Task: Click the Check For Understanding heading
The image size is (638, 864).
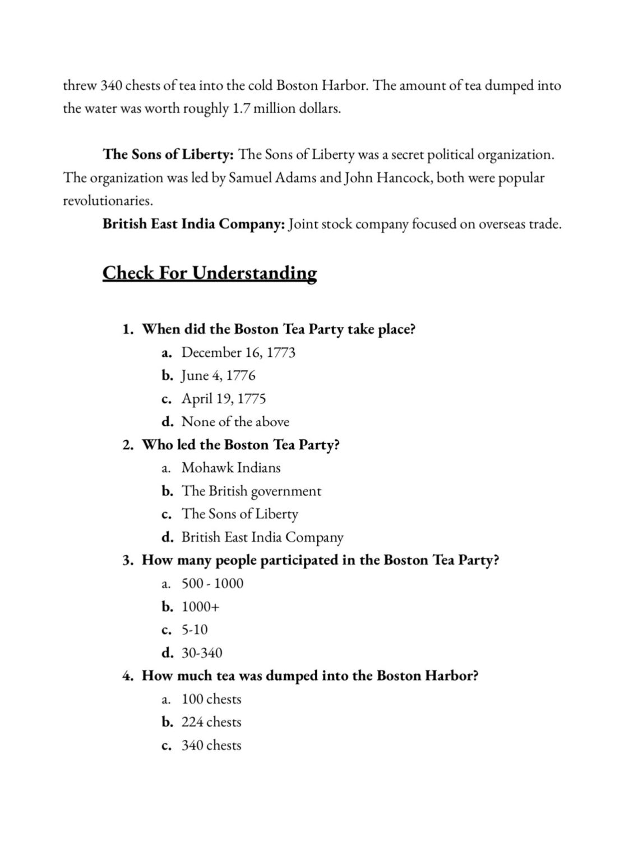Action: [x=209, y=273]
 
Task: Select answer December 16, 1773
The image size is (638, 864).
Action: [x=238, y=353]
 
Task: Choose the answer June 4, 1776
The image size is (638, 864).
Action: [x=218, y=376]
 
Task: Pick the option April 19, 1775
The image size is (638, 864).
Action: [x=223, y=399]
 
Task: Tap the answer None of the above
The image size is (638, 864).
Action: [x=235, y=422]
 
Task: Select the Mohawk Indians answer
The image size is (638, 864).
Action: [x=230, y=468]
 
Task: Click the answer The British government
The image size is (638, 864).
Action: [x=251, y=491]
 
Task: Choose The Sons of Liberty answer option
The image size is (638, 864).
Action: [x=239, y=514]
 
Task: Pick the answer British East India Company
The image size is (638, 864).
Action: [x=262, y=537]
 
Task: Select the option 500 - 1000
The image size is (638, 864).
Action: [x=212, y=583]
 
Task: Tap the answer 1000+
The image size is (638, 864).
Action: [x=200, y=607]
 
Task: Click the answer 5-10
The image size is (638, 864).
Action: [x=194, y=630]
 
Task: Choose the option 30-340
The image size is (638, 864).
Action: [x=201, y=653]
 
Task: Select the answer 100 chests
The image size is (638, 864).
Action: [x=211, y=700]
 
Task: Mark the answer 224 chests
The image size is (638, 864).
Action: [x=211, y=723]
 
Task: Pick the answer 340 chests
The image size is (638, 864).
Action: [x=211, y=746]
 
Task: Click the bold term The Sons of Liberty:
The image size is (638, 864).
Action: [x=168, y=155]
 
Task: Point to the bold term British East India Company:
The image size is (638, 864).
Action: [x=194, y=224]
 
